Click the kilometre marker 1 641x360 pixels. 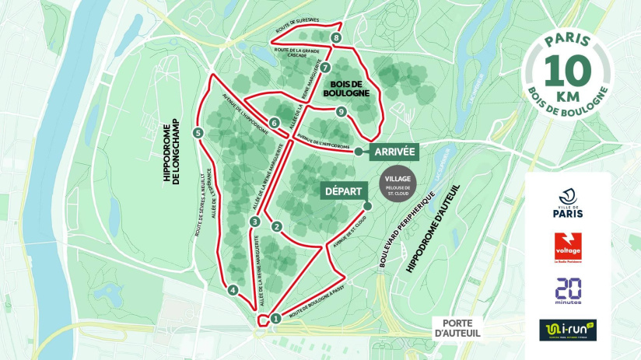coord(276,317)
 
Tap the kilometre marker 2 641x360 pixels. coord(276,227)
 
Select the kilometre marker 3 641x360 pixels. coord(254,222)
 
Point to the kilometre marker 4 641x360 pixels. coord(233,290)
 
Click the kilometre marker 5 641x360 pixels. coord(198,133)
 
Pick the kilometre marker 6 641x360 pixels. coord(275,121)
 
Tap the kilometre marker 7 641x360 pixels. coord(314,68)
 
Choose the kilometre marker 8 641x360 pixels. coord(336,37)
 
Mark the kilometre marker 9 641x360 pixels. coord(341,112)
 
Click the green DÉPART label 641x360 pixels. coord(343,190)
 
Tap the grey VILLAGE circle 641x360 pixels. coord(398,183)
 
